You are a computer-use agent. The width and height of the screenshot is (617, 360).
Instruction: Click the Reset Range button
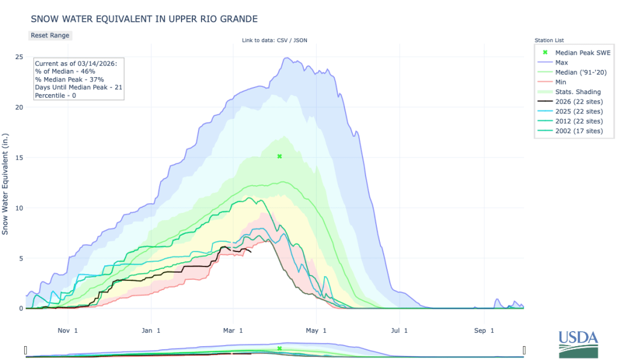pos(50,36)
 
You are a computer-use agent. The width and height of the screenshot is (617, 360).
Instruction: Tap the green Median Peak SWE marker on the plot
pos(279,156)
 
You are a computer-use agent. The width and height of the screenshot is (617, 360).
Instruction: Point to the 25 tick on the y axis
pos(19,57)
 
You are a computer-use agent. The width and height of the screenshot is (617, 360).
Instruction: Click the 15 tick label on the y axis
pos(19,158)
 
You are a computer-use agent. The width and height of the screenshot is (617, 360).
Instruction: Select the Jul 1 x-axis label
pos(397,330)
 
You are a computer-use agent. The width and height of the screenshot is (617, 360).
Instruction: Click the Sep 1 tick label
pos(480,330)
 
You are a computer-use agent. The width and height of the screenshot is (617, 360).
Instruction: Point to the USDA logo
pos(577,343)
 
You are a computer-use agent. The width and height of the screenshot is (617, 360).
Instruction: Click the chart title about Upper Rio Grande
pos(144,19)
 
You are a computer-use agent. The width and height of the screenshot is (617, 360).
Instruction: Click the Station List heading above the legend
pos(548,40)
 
